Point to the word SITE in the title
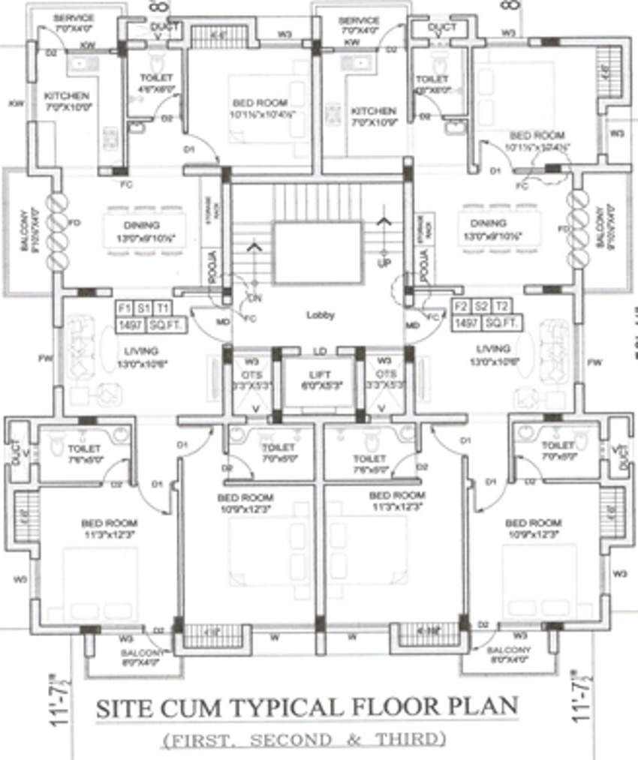point(122,708)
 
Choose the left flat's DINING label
point(142,225)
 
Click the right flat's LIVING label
point(492,349)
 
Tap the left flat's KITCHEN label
point(67,96)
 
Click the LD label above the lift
point(320,350)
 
